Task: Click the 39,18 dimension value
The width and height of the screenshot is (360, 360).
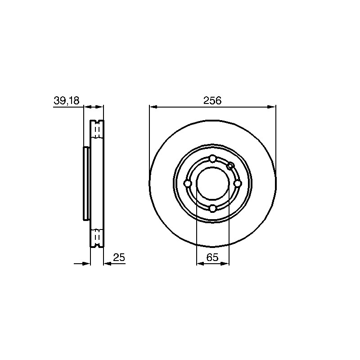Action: (66, 100)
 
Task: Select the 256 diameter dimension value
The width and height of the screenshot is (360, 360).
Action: (212, 100)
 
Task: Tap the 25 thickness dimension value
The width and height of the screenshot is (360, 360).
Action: (119, 257)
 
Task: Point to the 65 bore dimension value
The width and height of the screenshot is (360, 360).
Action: (212, 257)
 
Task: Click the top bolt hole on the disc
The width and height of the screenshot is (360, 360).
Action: (212, 158)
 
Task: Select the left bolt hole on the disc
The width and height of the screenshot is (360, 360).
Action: (188, 184)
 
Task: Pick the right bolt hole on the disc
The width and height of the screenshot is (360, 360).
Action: (238, 184)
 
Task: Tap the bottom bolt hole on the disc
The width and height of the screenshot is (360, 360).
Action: (213, 208)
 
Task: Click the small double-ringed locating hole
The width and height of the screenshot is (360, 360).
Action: (230, 166)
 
